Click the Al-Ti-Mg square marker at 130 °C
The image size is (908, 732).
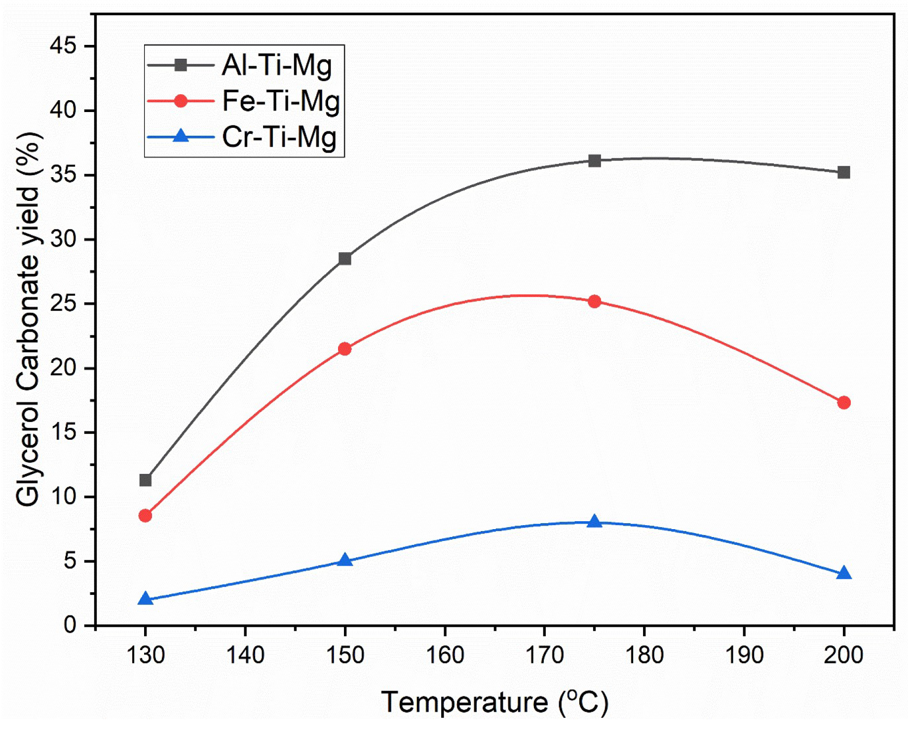145,480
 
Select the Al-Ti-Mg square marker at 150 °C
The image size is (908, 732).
345,259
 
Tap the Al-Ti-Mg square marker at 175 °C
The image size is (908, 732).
595,161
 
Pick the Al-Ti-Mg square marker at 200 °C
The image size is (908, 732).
844,172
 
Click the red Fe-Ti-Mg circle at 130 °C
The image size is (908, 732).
145,516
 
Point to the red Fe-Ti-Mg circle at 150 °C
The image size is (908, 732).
345,349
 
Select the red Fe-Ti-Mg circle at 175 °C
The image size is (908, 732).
595,301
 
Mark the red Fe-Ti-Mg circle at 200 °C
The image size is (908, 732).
844,402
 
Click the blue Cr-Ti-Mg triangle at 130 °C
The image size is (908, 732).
145,599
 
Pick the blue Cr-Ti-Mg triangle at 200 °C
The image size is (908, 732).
844,574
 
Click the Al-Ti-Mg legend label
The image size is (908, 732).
277,65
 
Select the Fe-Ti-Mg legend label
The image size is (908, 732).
281,101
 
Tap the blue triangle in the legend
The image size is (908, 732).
181,136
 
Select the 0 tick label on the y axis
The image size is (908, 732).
70,625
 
